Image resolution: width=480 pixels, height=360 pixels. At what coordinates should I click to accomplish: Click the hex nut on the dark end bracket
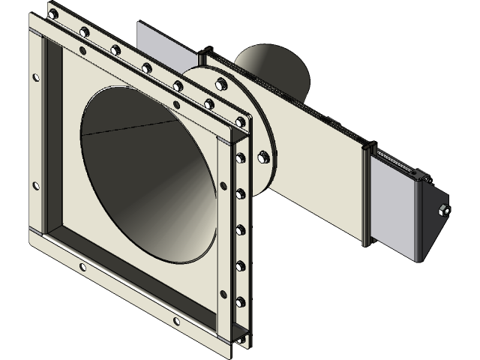coord(444,211)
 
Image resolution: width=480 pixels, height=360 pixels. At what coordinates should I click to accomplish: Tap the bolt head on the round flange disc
coord(264,157)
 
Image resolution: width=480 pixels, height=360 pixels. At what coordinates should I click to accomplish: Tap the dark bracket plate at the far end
coord(428,225)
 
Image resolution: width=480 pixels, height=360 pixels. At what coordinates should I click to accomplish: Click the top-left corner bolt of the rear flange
coord(52,13)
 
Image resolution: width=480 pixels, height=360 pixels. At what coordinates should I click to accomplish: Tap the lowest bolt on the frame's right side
coord(240,301)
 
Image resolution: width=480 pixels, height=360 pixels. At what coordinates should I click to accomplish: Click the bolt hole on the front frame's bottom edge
coord(175,322)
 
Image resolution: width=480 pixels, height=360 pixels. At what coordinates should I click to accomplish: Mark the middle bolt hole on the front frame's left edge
coord(35,186)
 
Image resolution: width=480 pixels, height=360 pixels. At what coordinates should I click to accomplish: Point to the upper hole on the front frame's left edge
coord(35,77)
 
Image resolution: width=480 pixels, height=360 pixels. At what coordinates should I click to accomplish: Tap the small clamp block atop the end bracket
coord(422,176)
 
